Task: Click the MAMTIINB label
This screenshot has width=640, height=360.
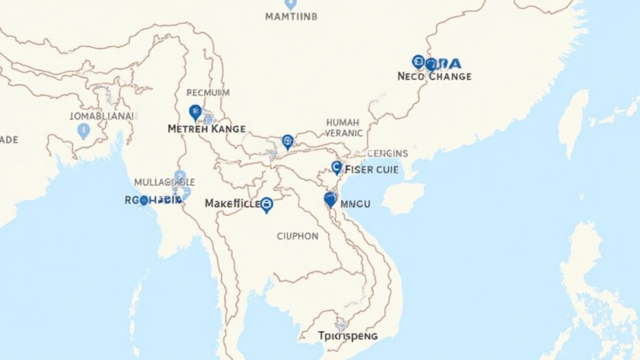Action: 291,17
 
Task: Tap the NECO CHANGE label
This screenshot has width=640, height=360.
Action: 434,76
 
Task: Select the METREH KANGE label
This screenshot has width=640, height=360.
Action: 206,128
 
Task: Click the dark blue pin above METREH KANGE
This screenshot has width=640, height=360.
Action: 195,112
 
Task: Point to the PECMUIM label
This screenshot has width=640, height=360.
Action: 208,92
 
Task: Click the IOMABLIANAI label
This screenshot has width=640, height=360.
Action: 102,116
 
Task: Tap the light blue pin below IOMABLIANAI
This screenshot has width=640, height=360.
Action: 83,131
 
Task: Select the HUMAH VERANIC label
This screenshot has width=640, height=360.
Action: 343,127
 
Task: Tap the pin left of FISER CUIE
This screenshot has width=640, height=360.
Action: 336,167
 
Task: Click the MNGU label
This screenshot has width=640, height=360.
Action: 356,204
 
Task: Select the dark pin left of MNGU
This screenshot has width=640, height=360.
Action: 331,199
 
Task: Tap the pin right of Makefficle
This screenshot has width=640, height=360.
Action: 267,204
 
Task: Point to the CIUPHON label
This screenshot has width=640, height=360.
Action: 297,236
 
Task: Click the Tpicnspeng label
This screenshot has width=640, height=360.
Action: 347,336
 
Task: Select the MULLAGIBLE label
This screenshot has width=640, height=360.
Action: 164,182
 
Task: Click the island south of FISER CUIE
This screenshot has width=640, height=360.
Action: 402,199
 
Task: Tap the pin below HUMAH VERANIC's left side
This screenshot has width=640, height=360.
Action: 287,141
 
